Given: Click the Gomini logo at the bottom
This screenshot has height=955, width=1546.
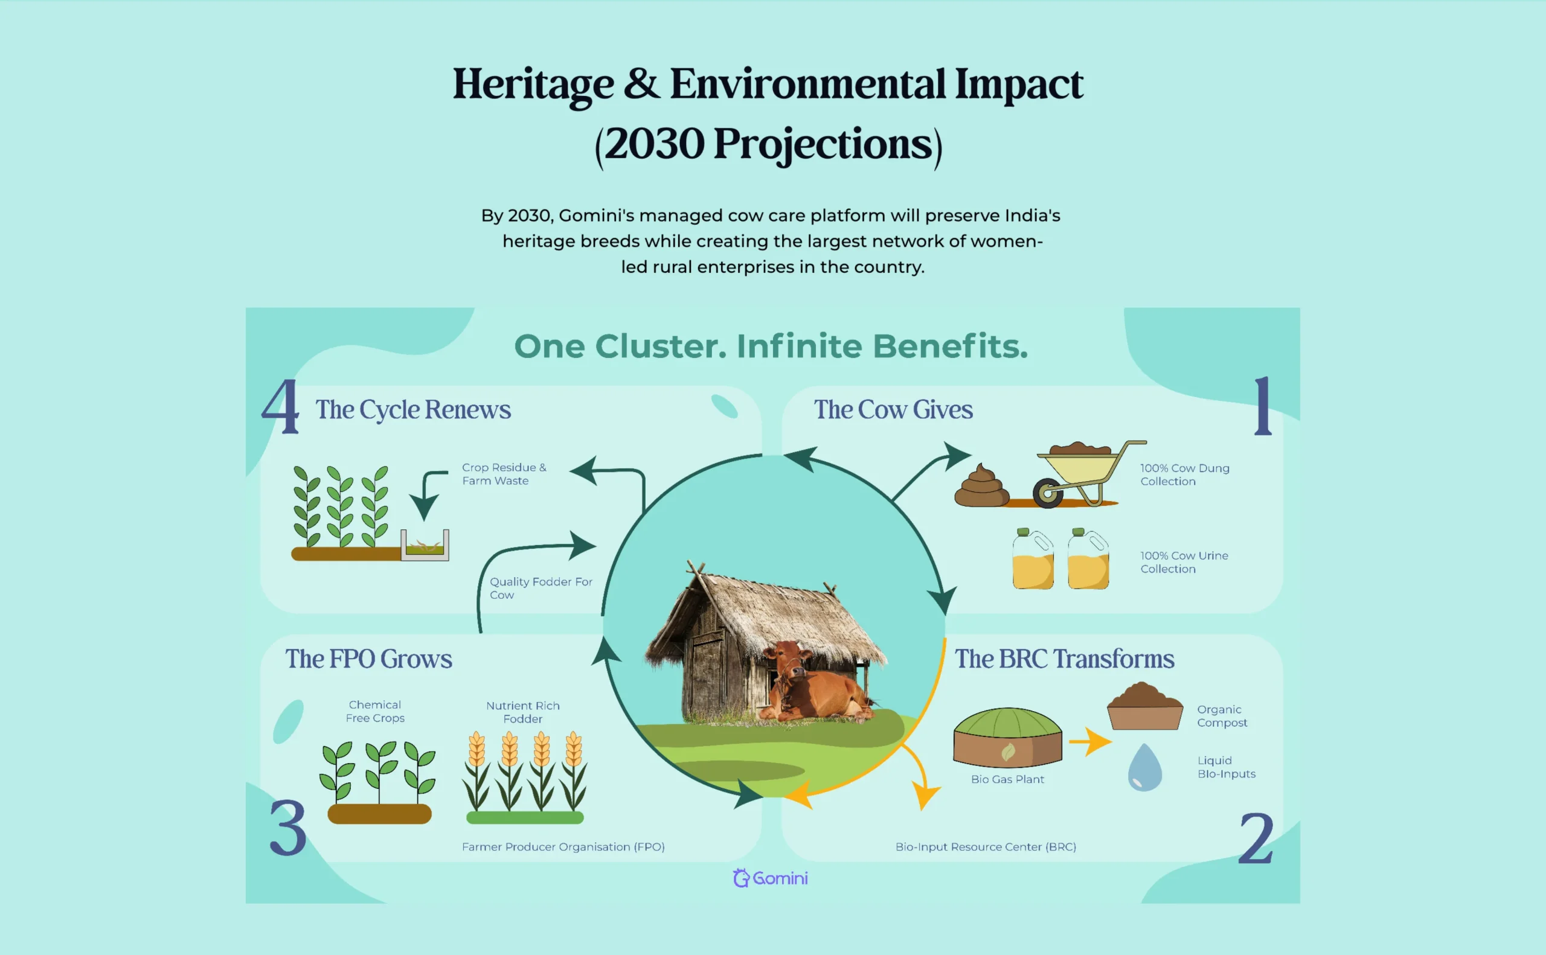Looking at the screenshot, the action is coord(770,878).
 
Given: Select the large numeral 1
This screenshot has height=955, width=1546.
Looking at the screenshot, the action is coord(1263,406).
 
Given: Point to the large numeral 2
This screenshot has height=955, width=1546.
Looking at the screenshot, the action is coord(1256,837).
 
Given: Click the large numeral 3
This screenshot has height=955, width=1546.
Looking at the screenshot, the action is coord(288,827).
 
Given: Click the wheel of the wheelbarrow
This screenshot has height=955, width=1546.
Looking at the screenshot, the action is coord(1048,494).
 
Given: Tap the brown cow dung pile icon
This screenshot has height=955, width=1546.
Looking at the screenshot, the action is coord(981,485).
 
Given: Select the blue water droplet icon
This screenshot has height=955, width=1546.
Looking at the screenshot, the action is coord(1145,767).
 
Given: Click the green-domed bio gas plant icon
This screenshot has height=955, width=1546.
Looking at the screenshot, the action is coord(1008,737).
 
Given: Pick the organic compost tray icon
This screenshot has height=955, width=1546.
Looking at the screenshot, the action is coord(1145,706).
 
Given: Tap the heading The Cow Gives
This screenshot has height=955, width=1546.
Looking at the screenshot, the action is coord(893,409).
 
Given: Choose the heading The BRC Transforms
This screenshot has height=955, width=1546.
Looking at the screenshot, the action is coord(1065,659).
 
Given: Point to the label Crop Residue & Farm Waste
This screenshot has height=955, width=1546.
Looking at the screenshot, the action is coord(504,474).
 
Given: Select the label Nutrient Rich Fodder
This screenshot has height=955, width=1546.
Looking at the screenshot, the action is coord(523,712).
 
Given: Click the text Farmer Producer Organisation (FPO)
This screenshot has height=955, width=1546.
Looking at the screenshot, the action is coord(563,846).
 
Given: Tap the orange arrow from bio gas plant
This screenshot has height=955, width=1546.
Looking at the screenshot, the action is coord(1091,741).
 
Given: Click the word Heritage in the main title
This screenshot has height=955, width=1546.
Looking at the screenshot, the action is coord(533,85).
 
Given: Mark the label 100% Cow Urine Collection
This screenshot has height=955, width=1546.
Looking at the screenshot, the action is coord(1185,562).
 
